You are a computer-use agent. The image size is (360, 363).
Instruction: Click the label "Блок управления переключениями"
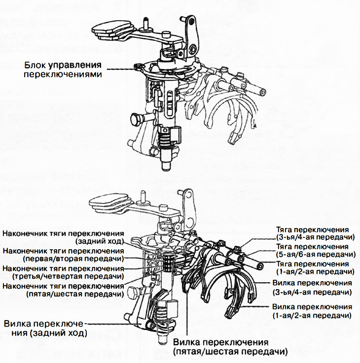tap(63, 69)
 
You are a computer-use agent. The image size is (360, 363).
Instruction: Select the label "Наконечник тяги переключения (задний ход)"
tap(63, 237)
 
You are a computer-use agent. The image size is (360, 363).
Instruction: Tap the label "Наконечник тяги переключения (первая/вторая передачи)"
tap(63, 255)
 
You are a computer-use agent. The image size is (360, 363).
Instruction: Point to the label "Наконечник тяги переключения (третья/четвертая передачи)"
tap(63, 272)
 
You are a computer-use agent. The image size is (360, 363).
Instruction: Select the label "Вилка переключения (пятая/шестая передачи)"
tap(230, 347)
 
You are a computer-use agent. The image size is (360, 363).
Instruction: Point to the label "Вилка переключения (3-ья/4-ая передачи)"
tap(312, 287)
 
